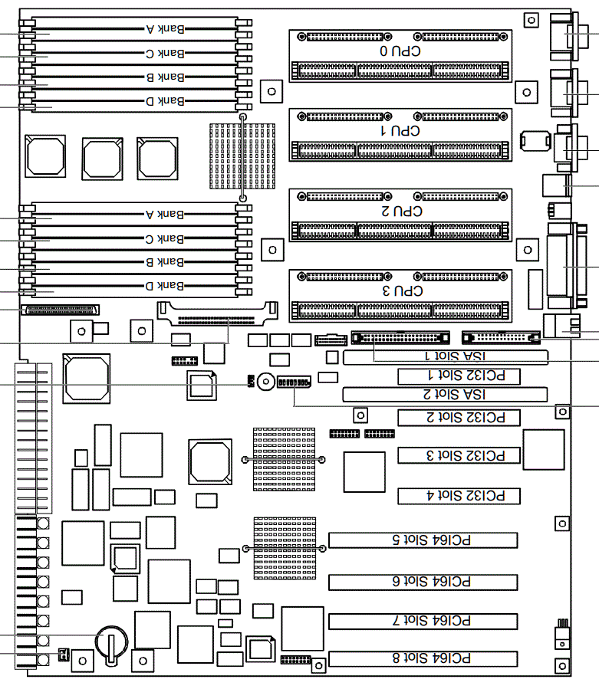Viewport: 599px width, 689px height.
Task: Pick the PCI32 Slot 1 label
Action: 459,376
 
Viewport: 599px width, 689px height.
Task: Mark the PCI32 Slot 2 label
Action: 459,418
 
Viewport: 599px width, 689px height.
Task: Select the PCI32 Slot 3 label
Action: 459,456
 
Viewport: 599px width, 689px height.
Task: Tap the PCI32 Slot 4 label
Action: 459,496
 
